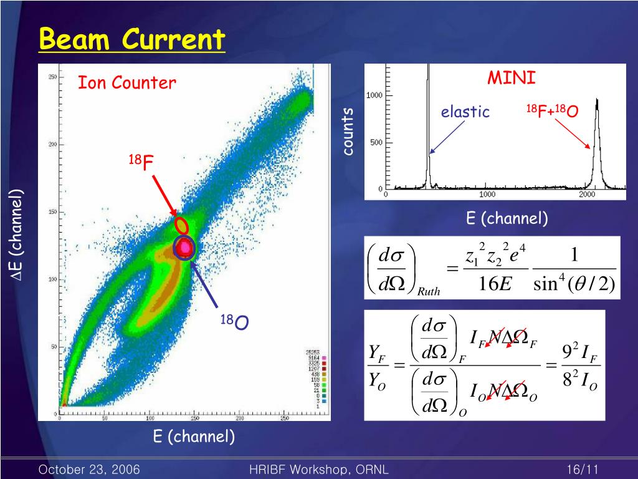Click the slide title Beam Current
tap(131, 41)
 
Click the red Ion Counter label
tap(126, 83)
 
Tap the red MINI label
tap(511, 79)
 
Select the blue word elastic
tap(465, 112)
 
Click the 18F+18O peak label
tap(552, 112)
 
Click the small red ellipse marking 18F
tap(181, 224)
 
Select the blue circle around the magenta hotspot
tap(184, 248)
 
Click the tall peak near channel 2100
tap(597, 143)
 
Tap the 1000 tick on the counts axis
tap(374, 95)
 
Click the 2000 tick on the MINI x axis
tap(586, 195)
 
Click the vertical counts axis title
tap(348, 131)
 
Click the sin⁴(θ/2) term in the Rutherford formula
tap(574, 284)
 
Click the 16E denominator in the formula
tap(496, 285)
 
